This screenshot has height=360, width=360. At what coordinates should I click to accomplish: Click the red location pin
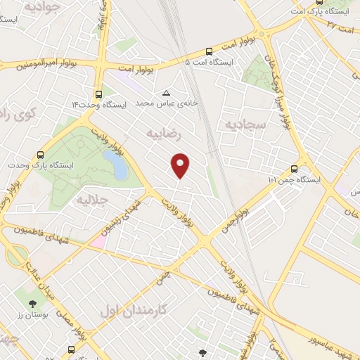click(x=181, y=165)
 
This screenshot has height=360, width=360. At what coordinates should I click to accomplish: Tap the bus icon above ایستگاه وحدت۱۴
click(x=98, y=93)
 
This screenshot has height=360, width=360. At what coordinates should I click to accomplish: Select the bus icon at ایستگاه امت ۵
click(x=209, y=51)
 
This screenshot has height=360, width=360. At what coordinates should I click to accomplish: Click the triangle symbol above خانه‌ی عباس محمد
click(x=166, y=92)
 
